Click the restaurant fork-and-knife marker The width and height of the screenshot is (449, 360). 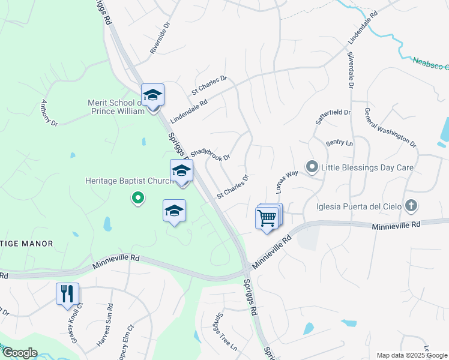67,294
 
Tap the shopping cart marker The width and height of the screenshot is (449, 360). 268,218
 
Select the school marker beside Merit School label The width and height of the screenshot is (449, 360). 152,96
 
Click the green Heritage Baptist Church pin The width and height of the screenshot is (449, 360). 138,197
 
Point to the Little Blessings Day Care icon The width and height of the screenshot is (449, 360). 312,167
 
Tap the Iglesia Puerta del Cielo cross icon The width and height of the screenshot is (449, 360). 411,206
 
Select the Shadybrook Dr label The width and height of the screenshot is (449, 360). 210,155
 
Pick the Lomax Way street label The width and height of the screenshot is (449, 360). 287,181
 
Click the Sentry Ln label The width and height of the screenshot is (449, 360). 339,143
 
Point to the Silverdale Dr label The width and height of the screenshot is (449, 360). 350,69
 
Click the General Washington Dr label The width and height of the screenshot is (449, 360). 390,127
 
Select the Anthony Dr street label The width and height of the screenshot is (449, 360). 49,112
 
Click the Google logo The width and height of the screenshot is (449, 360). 19,353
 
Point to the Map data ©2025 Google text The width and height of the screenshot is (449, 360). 411,355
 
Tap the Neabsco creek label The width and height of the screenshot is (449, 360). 430,61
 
